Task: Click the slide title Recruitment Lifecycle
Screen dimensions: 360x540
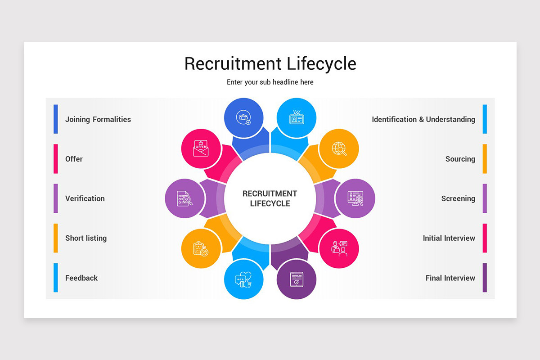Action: [270, 63]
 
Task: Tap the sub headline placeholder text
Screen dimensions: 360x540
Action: [270, 82]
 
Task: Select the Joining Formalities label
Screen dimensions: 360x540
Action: [98, 119]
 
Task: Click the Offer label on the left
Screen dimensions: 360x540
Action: [74, 159]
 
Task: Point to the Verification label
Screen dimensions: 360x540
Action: [85, 198]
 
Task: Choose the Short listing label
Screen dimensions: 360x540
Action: [86, 238]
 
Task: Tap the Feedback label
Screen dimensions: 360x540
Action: [81, 278]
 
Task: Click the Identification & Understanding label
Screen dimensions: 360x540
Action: [423, 119]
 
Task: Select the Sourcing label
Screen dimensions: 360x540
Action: [460, 159]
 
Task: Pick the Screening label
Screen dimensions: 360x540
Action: [458, 198]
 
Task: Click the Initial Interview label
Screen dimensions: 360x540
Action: [449, 238]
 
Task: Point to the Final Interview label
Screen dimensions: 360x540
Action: [450, 278]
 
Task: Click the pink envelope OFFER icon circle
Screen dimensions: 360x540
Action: [201, 148]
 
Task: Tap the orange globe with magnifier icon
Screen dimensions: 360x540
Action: [339, 148]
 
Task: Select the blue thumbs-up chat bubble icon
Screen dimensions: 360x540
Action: [243, 279]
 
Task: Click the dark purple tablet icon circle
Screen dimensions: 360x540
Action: [297, 279]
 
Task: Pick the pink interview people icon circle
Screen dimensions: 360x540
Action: [339, 248]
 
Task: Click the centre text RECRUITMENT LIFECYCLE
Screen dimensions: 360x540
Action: [270, 198]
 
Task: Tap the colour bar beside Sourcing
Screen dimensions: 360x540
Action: [485, 159]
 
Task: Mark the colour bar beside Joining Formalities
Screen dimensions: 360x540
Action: [56, 119]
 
